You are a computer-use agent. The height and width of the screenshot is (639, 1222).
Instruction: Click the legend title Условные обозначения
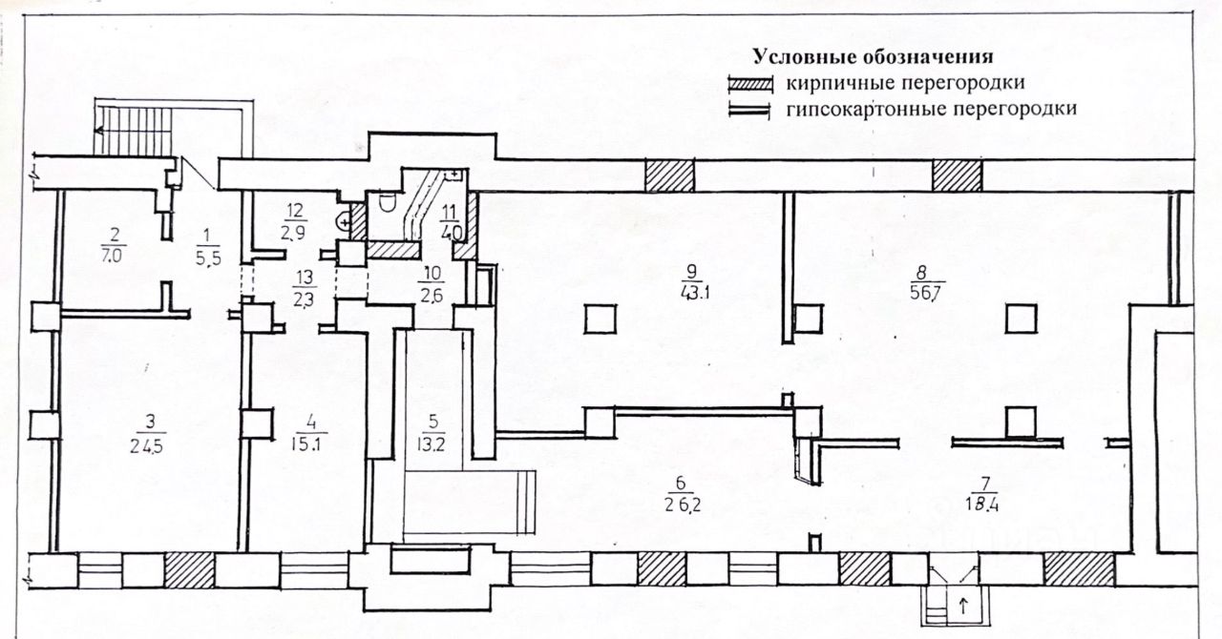pyautogui.click(x=873, y=56)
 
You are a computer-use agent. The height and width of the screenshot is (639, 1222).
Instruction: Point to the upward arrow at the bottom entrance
pyautogui.click(x=962, y=604)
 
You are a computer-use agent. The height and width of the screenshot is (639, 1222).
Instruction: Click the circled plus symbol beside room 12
pyautogui.click(x=343, y=221)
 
